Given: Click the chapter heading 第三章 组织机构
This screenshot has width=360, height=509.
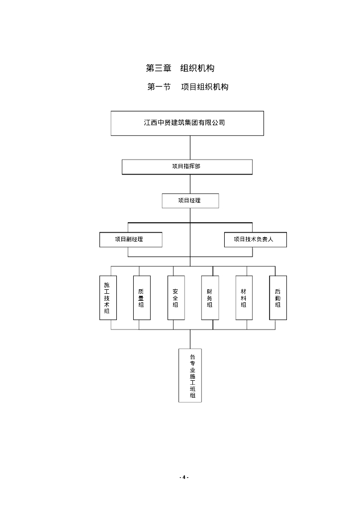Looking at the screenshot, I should point(180,68).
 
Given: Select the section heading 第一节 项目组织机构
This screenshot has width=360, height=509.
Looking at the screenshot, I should point(188,87).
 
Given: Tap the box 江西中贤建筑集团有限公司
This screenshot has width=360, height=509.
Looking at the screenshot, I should point(187,123).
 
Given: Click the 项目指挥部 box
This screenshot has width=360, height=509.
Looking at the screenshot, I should point(187,167).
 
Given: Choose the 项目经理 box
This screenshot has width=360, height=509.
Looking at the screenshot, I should point(190,201).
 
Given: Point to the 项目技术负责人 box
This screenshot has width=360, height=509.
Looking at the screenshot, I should point(255,240).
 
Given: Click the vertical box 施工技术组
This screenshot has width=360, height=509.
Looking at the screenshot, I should point(107,298).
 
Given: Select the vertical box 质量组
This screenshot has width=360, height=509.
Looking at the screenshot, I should point(141,298).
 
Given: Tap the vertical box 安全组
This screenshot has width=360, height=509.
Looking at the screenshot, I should point(176,298).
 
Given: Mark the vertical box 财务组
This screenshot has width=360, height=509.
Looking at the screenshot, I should point(209,298).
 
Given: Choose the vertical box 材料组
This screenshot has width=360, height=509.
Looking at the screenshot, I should point(244,298).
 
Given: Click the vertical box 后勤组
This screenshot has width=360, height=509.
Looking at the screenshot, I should point(278,298).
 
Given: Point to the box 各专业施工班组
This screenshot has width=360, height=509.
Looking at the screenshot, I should point(190,375).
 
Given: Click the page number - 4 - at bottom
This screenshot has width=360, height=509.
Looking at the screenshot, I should point(184,477).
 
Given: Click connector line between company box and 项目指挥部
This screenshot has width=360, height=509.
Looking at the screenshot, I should point(190,147).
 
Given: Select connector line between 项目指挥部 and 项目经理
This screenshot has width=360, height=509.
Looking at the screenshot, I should point(190,184).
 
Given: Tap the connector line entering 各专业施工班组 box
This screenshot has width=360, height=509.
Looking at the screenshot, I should point(190,339).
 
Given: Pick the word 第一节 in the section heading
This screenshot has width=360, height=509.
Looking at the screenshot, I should point(159,87).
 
